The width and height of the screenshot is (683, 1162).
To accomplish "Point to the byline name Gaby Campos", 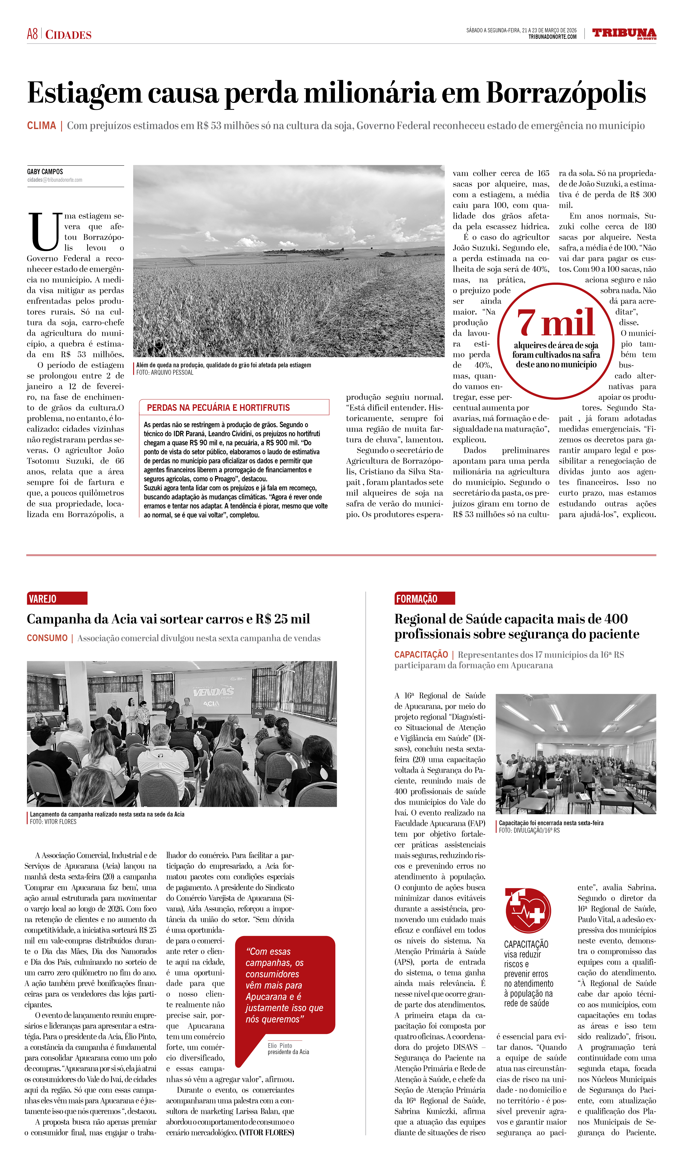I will pyautogui.click(x=45, y=171).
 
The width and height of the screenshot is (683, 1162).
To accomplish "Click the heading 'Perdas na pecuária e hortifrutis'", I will pyautogui.click(x=218, y=408).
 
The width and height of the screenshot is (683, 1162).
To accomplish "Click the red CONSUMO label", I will pyautogui.click(x=47, y=638).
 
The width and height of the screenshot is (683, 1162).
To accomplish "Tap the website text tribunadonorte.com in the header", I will pyautogui.click(x=552, y=37).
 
